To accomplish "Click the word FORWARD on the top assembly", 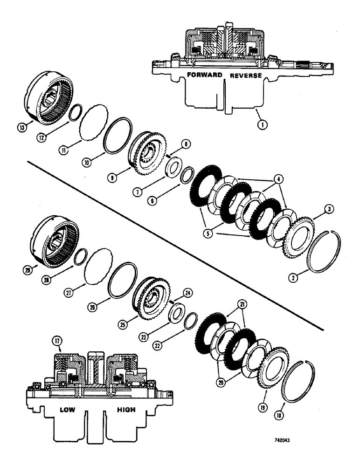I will [x=203, y=75].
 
